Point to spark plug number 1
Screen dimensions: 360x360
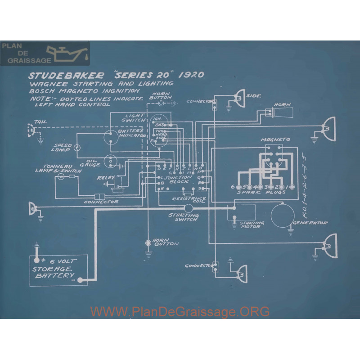(293, 187)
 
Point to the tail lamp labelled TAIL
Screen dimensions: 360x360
(32, 130)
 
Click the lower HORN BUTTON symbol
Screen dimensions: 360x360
(148, 243)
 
